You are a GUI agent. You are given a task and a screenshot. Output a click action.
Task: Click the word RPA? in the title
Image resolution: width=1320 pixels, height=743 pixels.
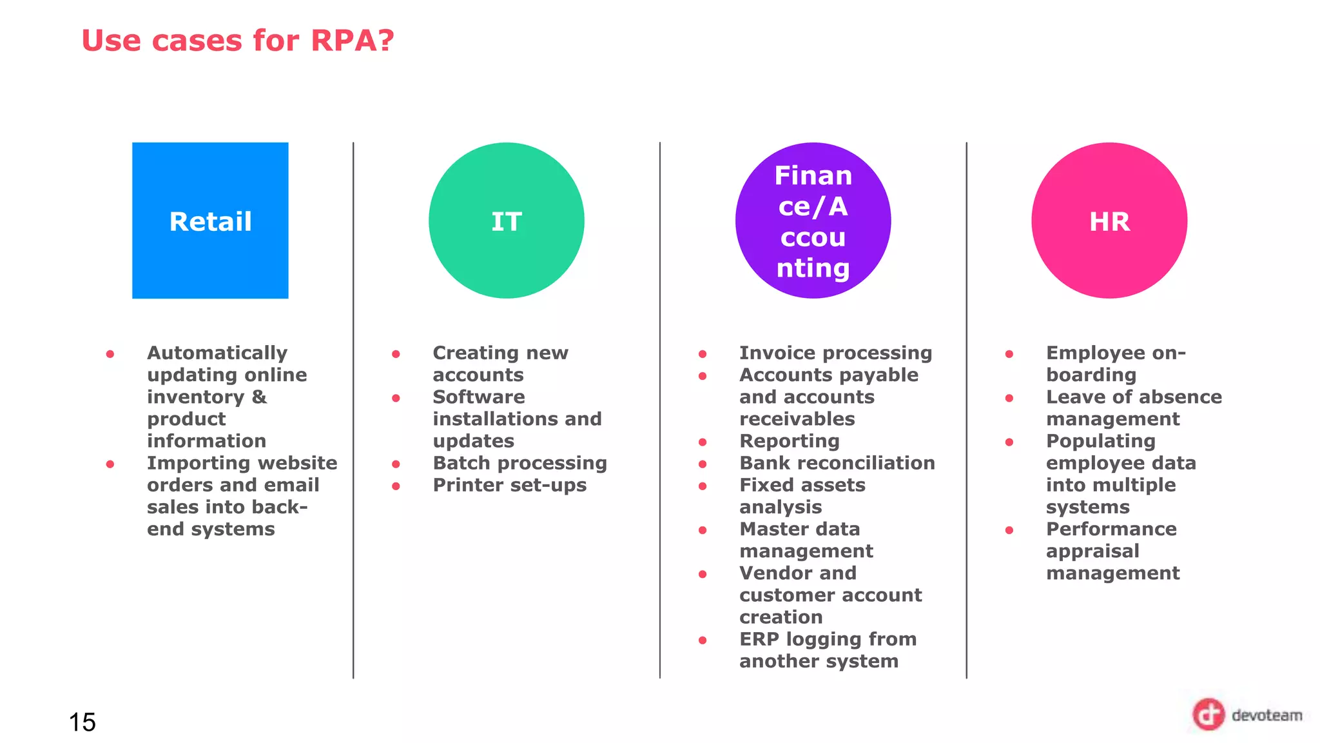click(352, 41)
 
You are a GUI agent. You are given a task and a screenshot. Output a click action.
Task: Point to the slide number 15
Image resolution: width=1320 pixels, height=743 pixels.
click(82, 722)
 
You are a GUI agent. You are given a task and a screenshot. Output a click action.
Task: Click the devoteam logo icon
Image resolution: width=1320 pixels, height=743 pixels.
click(1208, 715)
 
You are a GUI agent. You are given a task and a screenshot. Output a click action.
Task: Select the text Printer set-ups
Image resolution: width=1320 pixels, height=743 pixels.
click(509, 485)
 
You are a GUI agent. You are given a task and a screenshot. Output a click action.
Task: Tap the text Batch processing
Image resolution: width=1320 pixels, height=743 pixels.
click(519, 463)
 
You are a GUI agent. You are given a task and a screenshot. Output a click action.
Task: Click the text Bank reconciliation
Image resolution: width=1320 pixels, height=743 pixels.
click(837, 463)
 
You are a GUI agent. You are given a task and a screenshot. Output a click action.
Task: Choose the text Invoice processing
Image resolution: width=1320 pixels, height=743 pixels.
click(835, 353)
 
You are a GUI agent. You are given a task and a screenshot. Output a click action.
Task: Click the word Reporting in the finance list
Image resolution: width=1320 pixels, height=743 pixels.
click(789, 441)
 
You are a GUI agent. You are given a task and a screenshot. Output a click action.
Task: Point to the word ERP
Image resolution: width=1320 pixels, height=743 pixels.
click(759, 639)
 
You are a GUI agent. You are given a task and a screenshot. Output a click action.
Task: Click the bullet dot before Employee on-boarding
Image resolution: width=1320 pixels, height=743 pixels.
click(1009, 354)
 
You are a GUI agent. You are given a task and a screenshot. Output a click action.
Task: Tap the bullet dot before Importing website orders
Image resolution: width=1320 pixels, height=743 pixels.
click(110, 464)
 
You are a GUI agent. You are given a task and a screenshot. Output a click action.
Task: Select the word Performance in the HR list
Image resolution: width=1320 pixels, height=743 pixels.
click(1111, 529)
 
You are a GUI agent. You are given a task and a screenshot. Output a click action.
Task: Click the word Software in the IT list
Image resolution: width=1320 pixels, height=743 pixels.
click(478, 397)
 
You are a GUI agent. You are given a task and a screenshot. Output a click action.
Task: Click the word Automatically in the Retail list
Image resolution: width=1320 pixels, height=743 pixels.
click(217, 353)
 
